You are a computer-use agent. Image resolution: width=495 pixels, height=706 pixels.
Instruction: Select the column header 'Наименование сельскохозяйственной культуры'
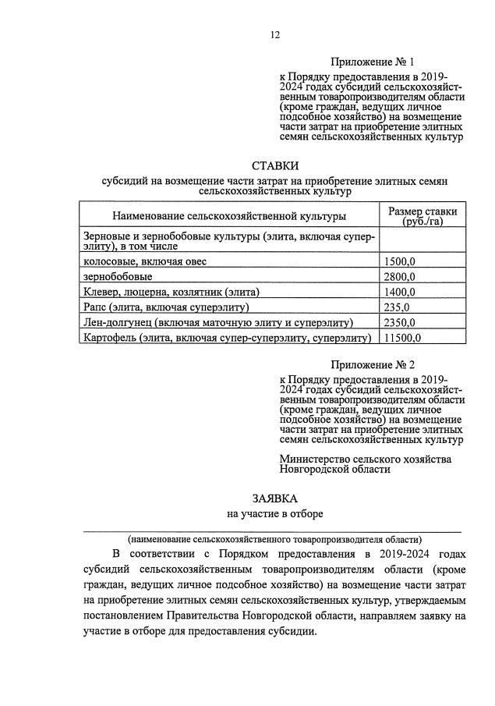click(230, 215)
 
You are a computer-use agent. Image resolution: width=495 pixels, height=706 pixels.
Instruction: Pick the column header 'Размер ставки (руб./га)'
click(423, 216)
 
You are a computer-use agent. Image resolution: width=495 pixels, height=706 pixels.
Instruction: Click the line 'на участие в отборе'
click(274, 514)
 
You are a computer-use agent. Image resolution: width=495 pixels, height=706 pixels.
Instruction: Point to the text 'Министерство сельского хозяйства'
click(366, 459)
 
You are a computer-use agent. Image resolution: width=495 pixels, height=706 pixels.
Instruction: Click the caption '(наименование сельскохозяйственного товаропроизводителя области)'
click(275, 539)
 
